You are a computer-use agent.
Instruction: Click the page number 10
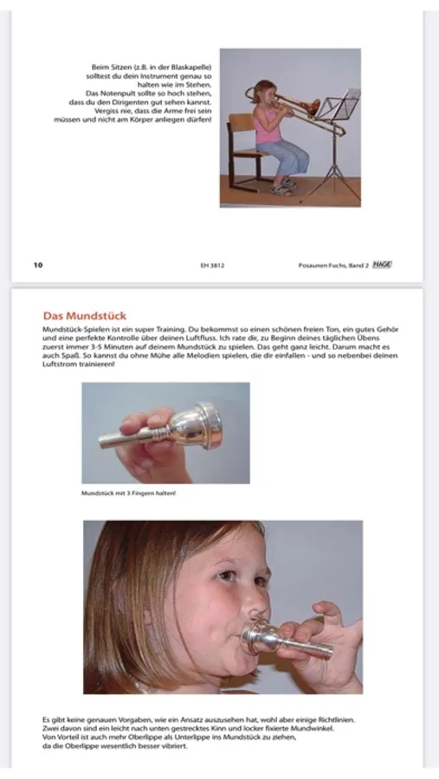pyautogui.click(x=37, y=265)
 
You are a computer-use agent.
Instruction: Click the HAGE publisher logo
pyautogui.click(x=381, y=265)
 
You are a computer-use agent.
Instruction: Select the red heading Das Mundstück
pyautogui.click(x=84, y=316)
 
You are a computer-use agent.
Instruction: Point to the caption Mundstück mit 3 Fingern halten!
pyautogui.click(x=128, y=493)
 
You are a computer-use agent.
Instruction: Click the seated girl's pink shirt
pyautogui.click(x=264, y=128)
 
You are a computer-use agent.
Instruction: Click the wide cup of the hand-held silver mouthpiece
pyautogui.click(x=201, y=424)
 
